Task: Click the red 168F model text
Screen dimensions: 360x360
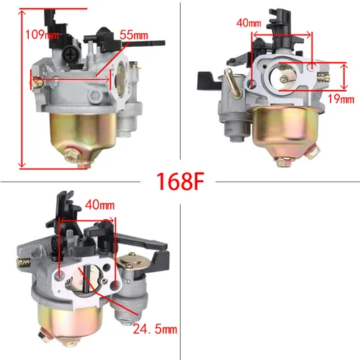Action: pos(180,181)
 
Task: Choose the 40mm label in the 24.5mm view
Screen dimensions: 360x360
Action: pos(100,205)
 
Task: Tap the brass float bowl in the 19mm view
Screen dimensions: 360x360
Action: pos(278,130)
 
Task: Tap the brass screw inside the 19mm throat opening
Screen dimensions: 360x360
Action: pos(287,77)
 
